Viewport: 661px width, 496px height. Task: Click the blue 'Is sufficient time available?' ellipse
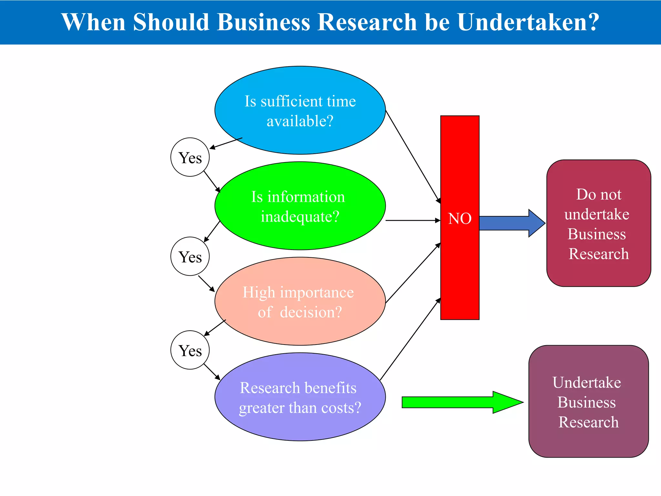[x=300, y=110]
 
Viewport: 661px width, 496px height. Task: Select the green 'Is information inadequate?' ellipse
[x=300, y=206]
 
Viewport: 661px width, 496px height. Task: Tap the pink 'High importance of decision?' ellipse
[x=300, y=301]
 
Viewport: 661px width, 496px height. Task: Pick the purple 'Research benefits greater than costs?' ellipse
[x=300, y=397]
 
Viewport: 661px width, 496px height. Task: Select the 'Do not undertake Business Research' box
[x=598, y=223]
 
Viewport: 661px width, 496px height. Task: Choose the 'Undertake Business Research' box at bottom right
[x=588, y=401]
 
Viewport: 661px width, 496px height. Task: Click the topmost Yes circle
[x=190, y=157]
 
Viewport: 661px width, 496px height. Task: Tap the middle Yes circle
[x=190, y=256]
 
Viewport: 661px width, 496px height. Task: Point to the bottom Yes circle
[x=190, y=350]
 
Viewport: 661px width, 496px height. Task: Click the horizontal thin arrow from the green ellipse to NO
[x=413, y=221]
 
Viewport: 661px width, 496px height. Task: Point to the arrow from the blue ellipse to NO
[x=413, y=157]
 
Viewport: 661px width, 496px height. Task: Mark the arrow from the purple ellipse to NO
[x=410, y=339]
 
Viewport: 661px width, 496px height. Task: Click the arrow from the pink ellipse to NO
[x=413, y=273]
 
